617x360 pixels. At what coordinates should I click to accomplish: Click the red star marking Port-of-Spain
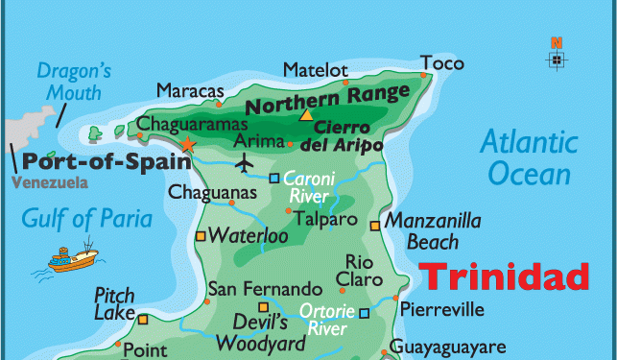(187, 144)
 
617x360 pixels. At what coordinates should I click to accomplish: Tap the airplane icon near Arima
(245, 162)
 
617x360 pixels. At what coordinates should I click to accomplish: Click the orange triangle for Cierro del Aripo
(306, 115)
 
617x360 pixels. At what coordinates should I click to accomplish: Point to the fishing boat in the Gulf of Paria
(74, 258)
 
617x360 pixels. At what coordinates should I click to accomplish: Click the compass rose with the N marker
(557, 58)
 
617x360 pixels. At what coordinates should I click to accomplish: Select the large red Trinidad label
(506, 276)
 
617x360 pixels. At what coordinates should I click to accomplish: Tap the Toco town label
(441, 64)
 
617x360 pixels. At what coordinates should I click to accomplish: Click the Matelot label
(315, 69)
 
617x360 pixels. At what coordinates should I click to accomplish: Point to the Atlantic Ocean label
(529, 158)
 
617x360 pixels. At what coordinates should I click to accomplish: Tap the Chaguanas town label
(213, 193)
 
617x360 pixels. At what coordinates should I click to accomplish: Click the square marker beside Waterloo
(201, 236)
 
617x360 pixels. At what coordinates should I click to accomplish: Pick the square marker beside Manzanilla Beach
(374, 226)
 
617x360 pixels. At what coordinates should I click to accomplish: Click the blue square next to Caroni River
(273, 178)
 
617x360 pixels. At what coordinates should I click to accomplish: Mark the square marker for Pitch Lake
(142, 320)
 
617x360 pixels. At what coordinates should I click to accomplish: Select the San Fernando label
(265, 289)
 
